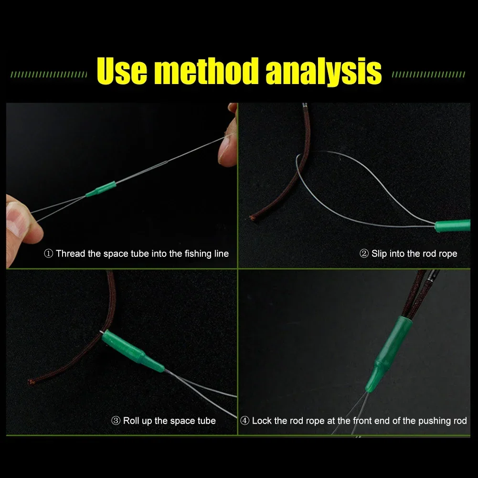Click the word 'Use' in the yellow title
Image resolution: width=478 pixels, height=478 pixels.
122,71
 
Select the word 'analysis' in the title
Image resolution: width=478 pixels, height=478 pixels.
324,72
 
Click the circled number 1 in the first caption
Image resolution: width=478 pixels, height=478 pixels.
49,254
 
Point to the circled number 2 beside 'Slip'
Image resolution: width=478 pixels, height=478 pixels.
364,254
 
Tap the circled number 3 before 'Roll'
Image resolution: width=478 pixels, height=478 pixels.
116,421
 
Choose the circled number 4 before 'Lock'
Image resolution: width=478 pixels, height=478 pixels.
245,421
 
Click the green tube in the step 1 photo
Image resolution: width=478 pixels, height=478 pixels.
101,189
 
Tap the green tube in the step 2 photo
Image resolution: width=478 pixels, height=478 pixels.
452,226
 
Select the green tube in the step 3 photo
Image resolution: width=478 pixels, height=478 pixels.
132,351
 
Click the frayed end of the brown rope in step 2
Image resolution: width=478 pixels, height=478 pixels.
253,217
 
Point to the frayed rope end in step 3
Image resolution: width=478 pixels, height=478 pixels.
31,382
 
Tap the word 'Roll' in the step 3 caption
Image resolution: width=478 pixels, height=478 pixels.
131,421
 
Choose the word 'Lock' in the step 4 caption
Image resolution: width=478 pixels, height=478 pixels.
262,421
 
